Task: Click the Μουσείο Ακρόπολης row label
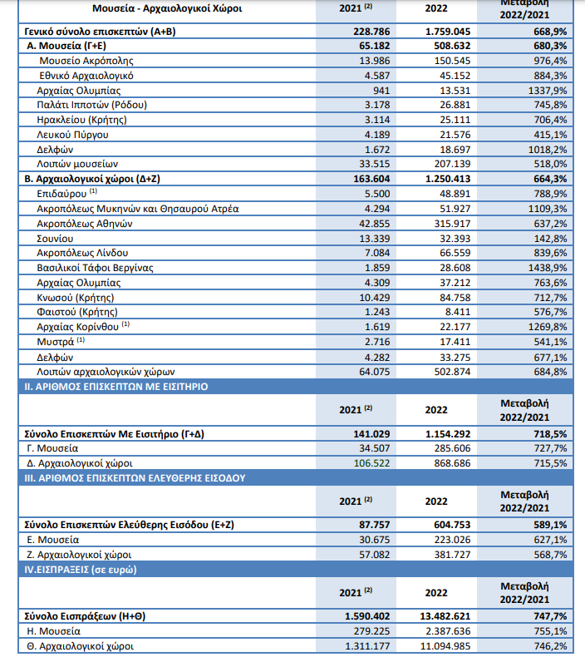tap(86, 61)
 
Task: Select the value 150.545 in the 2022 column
tap(452, 61)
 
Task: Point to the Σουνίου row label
tap(55, 239)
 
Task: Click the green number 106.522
tap(371, 463)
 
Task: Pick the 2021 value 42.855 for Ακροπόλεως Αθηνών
tap(375, 224)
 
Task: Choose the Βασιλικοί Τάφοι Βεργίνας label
tap(95, 268)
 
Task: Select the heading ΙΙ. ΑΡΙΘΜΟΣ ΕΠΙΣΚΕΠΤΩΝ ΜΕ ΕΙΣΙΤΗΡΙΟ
tap(116, 387)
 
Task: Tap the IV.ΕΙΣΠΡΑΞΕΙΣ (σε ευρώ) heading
tap(81, 570)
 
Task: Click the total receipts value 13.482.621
tap(445, 616)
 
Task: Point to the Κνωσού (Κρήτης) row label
tap(76, 298)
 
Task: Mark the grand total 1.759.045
tap(448, 32)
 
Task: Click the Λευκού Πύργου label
tap(72, 135)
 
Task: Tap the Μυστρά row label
tap(61, 342)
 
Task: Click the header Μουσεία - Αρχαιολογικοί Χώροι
tap(167, 8)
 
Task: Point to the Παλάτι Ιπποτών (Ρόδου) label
tap(91, 105)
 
